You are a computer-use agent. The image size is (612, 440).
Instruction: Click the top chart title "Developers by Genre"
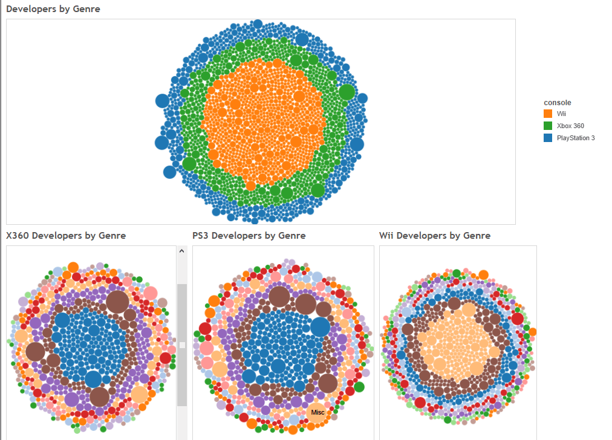(x=53, y=9)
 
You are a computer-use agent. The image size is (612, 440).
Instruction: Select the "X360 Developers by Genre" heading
(x=66, y=236)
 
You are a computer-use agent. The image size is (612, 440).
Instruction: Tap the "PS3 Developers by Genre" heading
(x=249, y=236)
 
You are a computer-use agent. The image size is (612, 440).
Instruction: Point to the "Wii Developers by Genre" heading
(x=435, y=236)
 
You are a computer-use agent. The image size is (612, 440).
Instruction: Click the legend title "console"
(x=558, y=103)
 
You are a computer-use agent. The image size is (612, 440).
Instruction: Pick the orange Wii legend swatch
(x=548, y=114)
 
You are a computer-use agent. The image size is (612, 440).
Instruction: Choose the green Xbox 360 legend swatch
(x=548, y=126)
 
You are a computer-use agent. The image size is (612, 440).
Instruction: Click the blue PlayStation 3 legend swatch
(x=548, y=138)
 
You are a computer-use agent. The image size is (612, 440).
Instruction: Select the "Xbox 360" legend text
(x=570, y=126)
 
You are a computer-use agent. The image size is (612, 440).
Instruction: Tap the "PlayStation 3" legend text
(x=576, y=138)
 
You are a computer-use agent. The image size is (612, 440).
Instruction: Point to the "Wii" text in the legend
(x=562, y=114)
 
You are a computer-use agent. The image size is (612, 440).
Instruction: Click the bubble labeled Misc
(x=317, y=412)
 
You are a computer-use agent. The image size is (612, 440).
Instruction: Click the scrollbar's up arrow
(x=182, y=251)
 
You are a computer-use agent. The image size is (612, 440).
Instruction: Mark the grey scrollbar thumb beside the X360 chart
(x=182, y=345)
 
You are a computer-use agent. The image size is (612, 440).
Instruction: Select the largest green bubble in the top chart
(x=347, y=92)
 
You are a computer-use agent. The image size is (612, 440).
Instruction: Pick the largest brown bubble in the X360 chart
(x=117, y=301)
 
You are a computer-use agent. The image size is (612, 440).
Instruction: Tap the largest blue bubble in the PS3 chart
(x=320, y=326)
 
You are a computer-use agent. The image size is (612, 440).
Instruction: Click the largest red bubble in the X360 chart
(x=166, y=358)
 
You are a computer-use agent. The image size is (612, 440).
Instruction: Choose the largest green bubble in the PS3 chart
(x=359, y=387)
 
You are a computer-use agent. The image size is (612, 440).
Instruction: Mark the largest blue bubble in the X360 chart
(x=93, y=379)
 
